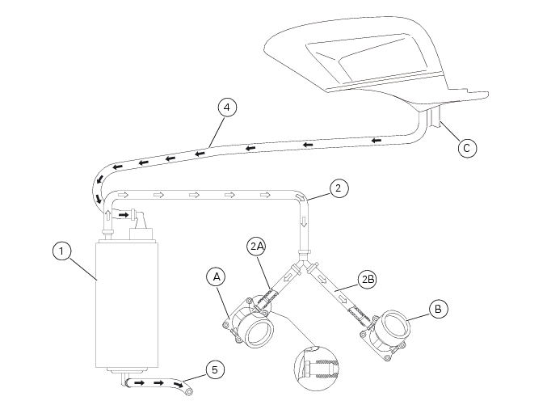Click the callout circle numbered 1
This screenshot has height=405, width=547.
pyautogui.click(x=61, y=251)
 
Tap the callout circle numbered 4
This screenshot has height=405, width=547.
pyautogui.click(x=228, y=107)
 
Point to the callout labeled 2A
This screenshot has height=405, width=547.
pyautogui.click(x=256, y=246)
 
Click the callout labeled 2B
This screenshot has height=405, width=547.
pyautogui.click(x=368, y=279)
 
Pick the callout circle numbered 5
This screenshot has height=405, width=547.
pyautogui.click(x=213, y=369)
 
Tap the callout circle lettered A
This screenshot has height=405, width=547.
pyautogui.click(x=214, y=276)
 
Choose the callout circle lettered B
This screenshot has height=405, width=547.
pyautogui.click(x=437, y=308)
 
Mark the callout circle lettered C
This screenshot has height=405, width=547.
pyautogui.click(x=465, y=147)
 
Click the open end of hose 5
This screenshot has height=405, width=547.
pyautogui.click(x=189, y=391)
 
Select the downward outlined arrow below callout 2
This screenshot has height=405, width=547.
pyautogui.click(x=305, y=222)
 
